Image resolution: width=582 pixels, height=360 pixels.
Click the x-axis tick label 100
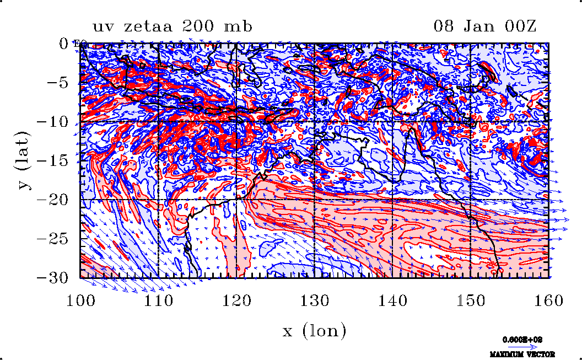tap(80, 300)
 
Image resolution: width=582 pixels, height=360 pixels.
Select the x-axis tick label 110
tap(159, 300)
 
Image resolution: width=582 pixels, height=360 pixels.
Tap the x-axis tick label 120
tap(236, 300)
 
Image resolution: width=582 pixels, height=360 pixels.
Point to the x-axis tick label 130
tap(314, 300)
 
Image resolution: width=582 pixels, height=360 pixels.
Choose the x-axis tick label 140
tap(392, 300)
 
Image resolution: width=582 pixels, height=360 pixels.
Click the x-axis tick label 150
tap(470, 300)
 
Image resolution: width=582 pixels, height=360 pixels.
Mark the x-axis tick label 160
tap(548, 300)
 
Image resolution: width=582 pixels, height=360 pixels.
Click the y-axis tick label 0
tap(63, 44)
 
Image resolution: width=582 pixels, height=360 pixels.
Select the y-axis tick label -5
tap(57, 83)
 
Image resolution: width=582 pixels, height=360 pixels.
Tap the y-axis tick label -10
tap(52, 122)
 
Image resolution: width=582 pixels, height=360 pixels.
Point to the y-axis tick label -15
tap(52, 160)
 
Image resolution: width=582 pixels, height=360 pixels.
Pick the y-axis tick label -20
tap(52, 200)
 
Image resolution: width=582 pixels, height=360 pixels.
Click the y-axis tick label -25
tap(52, 239)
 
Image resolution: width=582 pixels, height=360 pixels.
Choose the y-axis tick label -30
tap(52, 278)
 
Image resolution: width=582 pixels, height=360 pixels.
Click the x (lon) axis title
tap(314, 330)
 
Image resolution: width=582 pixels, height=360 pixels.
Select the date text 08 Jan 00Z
tap(485, 26)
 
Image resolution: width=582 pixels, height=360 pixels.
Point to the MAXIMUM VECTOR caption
tap(522, 354)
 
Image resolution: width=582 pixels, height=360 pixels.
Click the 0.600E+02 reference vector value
tap(522, 340)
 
